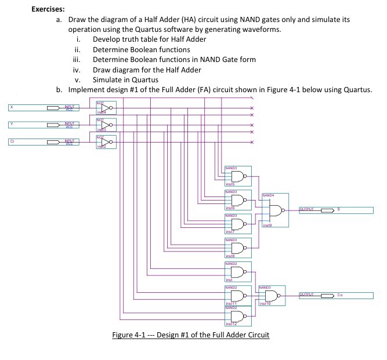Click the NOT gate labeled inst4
(105, 107)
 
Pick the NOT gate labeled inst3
(105, 124)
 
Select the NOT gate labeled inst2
(105, 141)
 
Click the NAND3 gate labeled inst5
(237, 176)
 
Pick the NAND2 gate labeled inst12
(237, 317)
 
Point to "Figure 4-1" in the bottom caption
(131, 335)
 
